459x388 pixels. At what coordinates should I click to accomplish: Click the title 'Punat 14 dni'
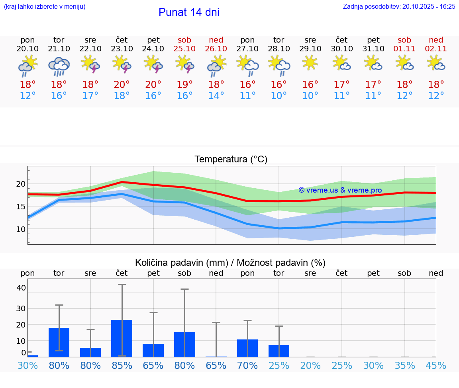pos(189,12)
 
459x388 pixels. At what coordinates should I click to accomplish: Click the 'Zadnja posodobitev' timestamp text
pos(399,6)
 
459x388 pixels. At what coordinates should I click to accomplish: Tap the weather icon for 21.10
pos(59,66)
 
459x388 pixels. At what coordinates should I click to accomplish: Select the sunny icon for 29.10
pos(310,63)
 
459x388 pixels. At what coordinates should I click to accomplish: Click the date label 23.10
pos(122,49)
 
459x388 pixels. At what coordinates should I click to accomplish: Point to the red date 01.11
pos(404,49)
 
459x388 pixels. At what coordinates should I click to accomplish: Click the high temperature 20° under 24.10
pos(153,84)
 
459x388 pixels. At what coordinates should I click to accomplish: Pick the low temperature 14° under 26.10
pos(216,96)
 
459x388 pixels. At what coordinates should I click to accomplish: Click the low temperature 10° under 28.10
pos(279,96)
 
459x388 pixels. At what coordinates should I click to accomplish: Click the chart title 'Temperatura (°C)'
pos(231,159)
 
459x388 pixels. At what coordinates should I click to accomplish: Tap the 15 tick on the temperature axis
pos(21,206)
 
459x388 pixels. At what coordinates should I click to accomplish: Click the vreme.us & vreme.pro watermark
pos(340,190)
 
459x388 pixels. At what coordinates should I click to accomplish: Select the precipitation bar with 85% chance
pos(122,338)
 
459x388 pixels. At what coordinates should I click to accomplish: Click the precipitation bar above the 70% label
pos(247,348)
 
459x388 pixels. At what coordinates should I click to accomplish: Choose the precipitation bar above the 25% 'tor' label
pos(279,351)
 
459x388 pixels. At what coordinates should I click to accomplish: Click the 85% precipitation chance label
pos(122,365)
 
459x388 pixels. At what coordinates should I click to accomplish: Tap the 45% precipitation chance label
pos(436,365)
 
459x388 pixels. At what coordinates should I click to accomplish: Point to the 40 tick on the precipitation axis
pos(21,288)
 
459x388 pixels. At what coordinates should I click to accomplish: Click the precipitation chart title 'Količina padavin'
pos(230,263)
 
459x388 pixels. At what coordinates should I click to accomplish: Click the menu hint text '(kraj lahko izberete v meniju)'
pos(45,6)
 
